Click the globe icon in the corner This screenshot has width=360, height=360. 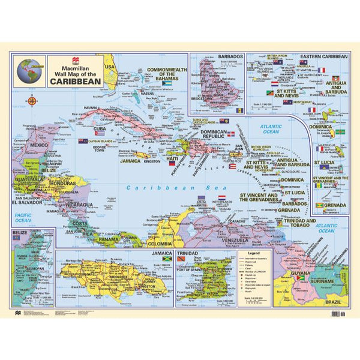29,70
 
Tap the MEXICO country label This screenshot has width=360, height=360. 39,145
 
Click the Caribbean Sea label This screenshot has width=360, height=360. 153,187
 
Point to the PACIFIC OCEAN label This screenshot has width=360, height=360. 22,217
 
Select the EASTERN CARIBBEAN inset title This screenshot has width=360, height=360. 324,56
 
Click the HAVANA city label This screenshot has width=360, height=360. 91,107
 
